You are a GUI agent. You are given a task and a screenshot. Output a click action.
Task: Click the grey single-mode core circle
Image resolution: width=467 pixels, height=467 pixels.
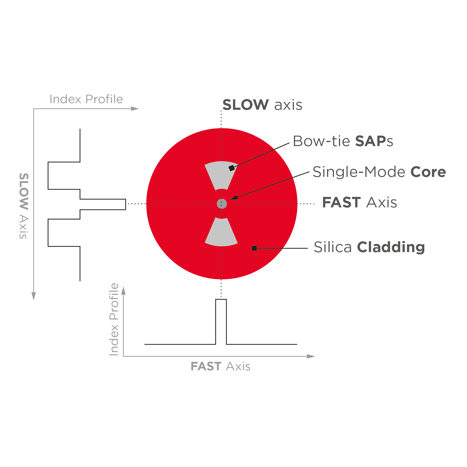point(222,204)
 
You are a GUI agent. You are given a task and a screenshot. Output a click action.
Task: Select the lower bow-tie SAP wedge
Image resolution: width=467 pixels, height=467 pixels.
point(221,232)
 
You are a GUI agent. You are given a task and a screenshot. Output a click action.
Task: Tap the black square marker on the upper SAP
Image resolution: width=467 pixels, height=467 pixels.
point(231,168)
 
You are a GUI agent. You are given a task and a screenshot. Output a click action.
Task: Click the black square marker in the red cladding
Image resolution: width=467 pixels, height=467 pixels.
point(254,248)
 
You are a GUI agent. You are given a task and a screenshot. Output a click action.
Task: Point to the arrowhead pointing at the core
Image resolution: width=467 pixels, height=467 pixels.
point(234,198)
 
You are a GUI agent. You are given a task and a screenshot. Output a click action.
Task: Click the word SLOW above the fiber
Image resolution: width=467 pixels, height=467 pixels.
point(245,105)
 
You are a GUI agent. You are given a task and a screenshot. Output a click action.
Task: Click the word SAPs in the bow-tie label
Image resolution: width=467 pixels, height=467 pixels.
point(374,141)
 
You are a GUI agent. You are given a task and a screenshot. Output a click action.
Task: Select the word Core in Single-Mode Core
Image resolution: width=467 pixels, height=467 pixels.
point(428,172)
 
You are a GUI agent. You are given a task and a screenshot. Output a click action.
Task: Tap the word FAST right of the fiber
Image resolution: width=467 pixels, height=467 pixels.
point(341,202)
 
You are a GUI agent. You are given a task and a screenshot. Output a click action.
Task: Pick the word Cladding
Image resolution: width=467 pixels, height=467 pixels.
point(391,247)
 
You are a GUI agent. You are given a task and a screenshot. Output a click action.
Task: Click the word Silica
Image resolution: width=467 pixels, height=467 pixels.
point(333,247)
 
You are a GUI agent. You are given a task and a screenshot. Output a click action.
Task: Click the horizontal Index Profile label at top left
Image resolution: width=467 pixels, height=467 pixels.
point(86,99)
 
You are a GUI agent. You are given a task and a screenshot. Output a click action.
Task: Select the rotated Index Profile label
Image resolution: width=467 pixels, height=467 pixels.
point(114,319)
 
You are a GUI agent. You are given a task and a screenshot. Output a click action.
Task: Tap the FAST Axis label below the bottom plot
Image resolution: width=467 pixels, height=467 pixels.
point(220,367)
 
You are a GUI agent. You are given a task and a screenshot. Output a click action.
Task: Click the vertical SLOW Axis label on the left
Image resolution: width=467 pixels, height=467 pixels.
point(24,206)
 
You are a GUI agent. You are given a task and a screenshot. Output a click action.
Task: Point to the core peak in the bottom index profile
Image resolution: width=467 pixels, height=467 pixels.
point(221,299)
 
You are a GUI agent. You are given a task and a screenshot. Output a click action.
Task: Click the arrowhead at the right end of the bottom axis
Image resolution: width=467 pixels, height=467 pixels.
point(311,356)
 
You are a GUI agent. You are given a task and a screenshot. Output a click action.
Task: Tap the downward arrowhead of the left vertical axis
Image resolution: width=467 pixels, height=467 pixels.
point(34,296)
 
